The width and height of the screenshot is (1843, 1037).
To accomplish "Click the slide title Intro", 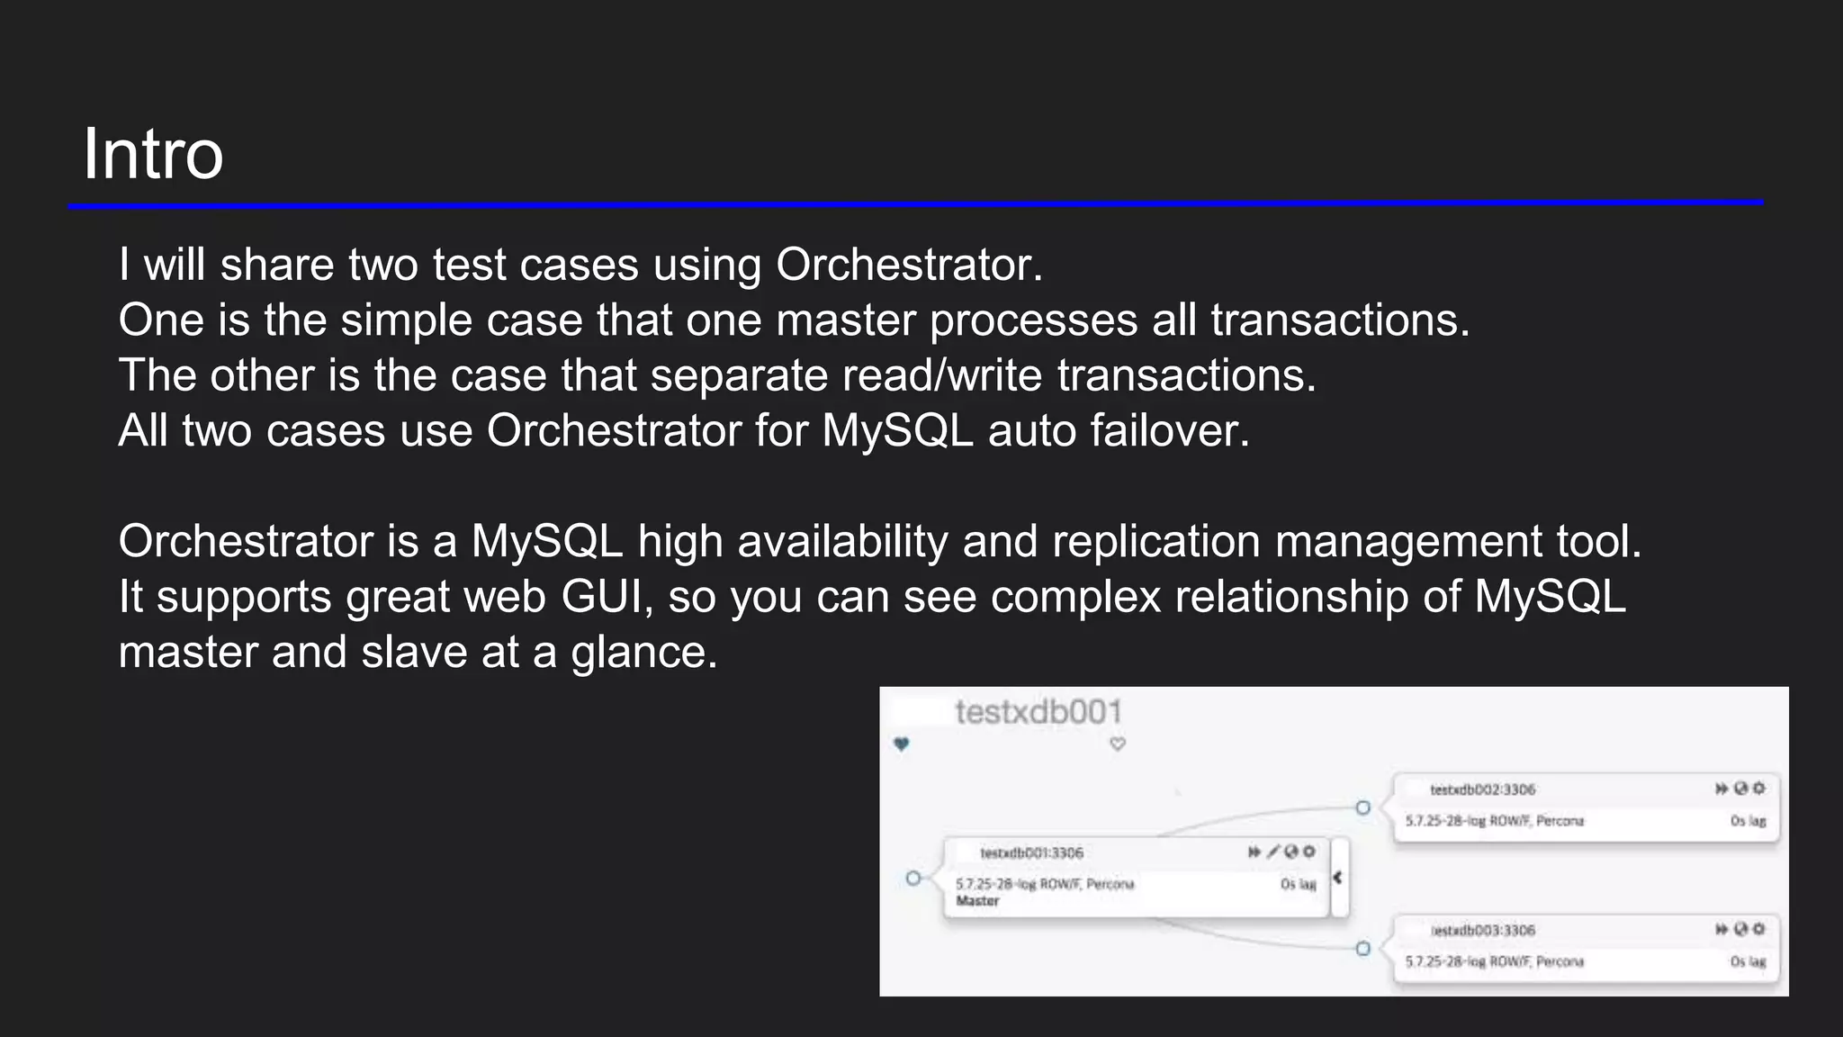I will (153, 154).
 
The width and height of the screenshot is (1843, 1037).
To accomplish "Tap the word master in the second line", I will (845, 320).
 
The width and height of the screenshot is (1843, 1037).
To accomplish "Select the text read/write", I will (941, 375).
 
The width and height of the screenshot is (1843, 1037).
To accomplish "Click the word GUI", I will (607, 597).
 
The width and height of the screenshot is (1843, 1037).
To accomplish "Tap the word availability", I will (842, 542).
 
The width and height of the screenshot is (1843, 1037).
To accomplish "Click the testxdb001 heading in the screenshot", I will (1038, 712).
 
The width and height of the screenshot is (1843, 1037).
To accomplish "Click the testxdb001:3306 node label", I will (1031, 852).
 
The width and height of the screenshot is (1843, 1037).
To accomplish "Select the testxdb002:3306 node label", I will (1482, 789).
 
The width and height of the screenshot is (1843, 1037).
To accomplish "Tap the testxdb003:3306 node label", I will (1482, 930).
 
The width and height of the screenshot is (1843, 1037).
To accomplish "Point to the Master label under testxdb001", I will (977, 901).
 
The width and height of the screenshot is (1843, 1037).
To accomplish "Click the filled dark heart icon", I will (902, 744).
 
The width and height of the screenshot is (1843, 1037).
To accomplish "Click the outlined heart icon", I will (1118, 744).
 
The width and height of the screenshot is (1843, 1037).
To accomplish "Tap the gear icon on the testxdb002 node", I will (1759, 789).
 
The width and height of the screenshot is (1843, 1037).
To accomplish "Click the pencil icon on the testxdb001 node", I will (1273, 852).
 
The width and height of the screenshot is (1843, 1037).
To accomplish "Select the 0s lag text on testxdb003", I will (1748, 961).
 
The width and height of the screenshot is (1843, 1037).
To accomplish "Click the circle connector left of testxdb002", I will (1362, 807).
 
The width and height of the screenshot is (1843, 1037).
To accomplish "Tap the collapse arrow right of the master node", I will (1338, 877).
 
